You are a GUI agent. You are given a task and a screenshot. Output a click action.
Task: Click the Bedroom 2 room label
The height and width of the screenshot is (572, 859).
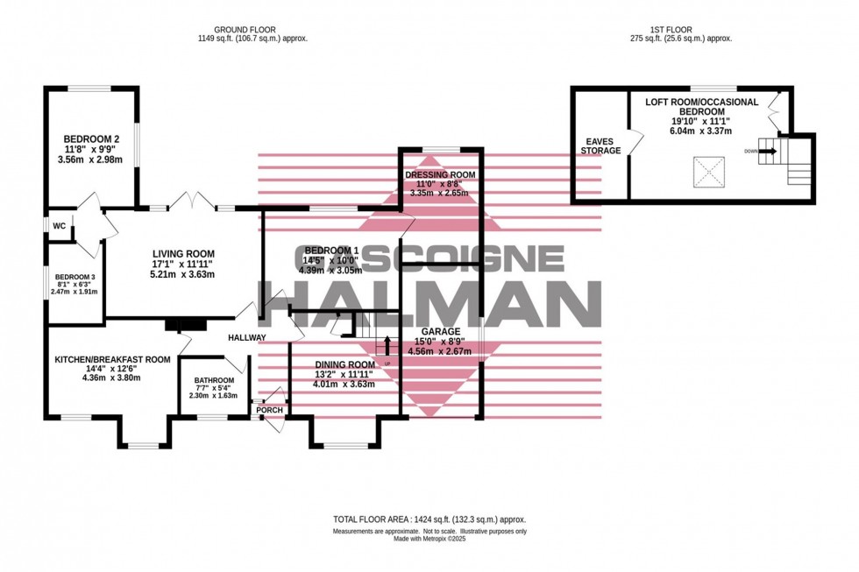click(x=91, y=139)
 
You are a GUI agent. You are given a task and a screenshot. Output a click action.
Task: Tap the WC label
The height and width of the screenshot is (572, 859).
click(x=60, y=226)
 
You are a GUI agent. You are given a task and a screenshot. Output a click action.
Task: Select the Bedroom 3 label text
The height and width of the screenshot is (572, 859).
click(x=74, y=283)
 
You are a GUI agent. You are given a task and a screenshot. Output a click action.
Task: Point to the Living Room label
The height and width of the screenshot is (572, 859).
click(x=182, y=253)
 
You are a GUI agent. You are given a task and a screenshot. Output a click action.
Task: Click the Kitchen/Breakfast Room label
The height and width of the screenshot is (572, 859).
click(x=112, y=359)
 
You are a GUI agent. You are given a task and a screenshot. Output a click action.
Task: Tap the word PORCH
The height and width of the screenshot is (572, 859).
click(x=269, y=410)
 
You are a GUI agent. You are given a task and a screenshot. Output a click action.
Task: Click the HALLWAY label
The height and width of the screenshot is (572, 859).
click(x=247, y=337)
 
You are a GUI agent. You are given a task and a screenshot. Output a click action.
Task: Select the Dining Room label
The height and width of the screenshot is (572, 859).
click(x=345, y=364)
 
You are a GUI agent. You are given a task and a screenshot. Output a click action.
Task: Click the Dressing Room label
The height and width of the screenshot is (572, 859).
click(x=440, y=175)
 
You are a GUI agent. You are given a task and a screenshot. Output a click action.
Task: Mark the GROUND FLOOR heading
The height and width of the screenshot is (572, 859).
click(x=252, y=29)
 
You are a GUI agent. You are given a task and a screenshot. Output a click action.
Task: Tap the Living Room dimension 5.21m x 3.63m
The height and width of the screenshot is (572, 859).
click(x=182, y=274)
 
